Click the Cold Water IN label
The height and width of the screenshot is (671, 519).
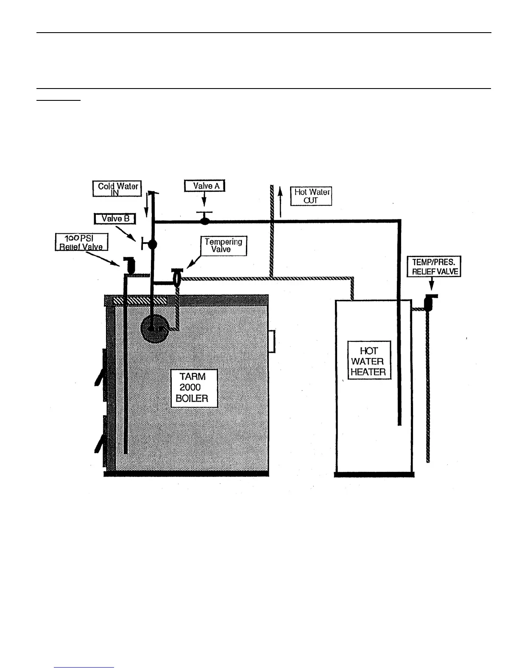[x=117, y=189]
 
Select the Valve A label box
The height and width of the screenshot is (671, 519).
[x=204, y=186]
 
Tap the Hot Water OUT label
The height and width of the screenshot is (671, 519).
[x=311, y=196]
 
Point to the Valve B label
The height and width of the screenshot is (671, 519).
[x=114, y=219]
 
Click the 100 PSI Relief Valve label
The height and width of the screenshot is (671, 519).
[x=81, y=242]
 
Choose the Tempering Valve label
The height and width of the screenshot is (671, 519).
[x=223, y=246]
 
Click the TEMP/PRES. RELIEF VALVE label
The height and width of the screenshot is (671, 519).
[x=434, y=266]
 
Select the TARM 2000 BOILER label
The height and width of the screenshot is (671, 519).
[x=194, y=388]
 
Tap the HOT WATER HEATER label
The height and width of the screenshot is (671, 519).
[x=368, y=361]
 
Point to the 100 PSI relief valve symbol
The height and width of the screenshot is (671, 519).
[x=129, y=265]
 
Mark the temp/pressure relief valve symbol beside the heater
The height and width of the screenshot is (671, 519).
[x=429, y=302]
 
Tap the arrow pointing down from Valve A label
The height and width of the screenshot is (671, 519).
[x=204, y=200]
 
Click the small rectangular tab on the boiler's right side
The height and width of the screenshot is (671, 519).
[x=272, y=341]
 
